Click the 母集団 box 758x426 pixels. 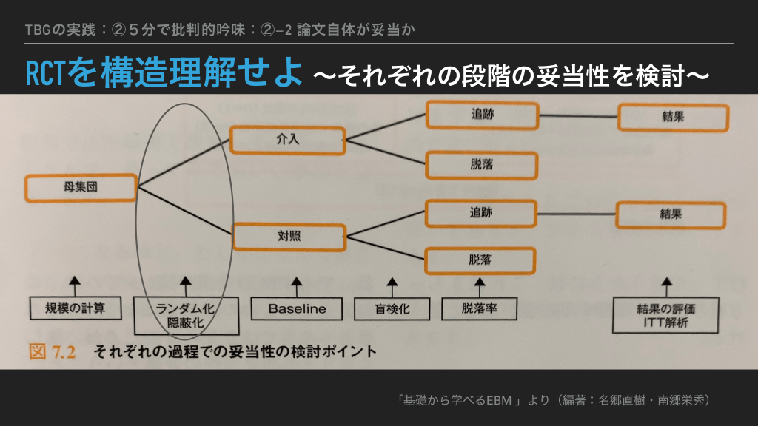point(81,188)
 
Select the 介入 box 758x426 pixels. point(287,139)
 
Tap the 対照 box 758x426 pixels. point(289,237)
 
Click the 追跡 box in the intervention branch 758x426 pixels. point(481,115)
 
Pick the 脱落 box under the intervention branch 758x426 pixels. point(481,163)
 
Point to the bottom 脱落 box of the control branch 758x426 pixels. point(480,260)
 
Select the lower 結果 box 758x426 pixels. point(671,214)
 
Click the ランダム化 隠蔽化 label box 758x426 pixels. point(186,315)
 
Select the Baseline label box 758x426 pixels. point(297,308)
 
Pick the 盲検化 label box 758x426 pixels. point(392,308)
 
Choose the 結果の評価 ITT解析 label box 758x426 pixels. point(665,315)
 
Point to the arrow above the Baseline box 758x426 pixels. point(297,284)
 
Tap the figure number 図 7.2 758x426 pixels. point(53,351)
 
